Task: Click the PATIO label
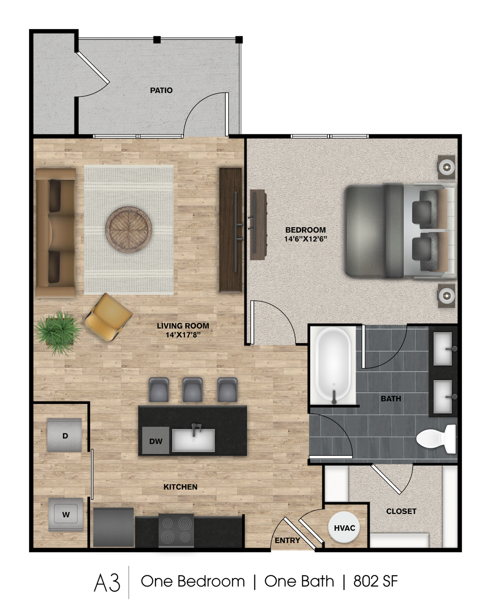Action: point(161,90)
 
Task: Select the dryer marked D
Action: point(65,435)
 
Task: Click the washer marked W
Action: point(66,514)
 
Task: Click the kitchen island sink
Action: point(193,439)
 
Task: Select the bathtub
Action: point(333,365)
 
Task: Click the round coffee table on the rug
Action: point(128,230)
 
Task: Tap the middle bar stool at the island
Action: point(192,390)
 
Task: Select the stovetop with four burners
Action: point(176,530)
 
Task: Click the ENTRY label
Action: point(287,540)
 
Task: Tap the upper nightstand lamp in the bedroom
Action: point(446,167)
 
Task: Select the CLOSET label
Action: point(401,511)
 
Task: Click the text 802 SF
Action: point(376,581)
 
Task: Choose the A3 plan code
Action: point(107,583)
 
